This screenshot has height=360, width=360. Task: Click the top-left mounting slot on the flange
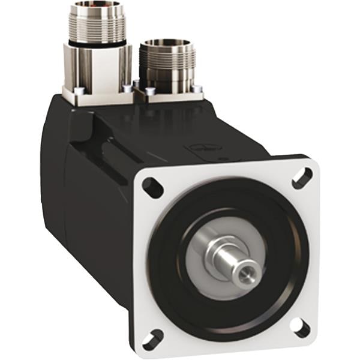coord(153,188)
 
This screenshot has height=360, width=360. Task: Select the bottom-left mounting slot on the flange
coord(153,340)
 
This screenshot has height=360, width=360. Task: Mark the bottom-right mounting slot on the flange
coord(299,328)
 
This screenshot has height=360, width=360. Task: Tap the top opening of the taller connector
coord(97,7)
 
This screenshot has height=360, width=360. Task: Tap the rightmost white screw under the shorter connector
coord(197,89)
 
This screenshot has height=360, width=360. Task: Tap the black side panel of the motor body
coord(90,210)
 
